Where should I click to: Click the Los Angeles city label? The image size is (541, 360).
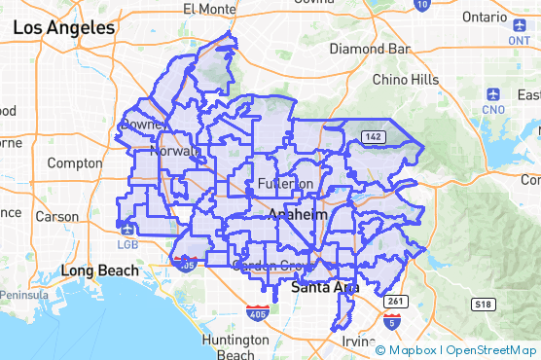click(x=64, y=28)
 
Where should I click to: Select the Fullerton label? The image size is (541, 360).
click(x=286, y=184)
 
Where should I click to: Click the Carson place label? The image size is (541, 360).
click(x=56, y=216)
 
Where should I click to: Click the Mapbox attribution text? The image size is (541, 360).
click(x=413, y=349)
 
